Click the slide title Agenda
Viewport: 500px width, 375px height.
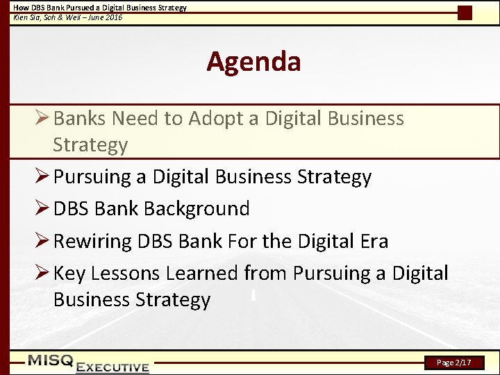tap(253, 62)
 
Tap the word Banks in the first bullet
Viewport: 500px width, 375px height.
tap(79, 119)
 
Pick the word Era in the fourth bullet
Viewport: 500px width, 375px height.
tap(372, 242)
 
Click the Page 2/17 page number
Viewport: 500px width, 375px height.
tap(454, 362)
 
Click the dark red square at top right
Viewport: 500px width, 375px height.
tap(465, 12)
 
